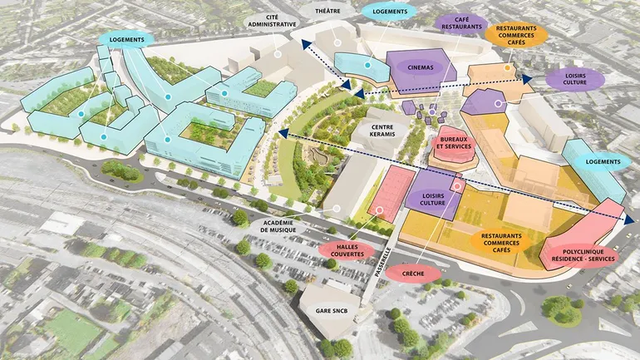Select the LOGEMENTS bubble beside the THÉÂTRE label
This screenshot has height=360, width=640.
tap(390, 12)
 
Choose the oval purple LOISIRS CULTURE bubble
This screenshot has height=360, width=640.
tap(575, 79)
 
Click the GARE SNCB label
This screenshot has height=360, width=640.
tap(331, 310)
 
